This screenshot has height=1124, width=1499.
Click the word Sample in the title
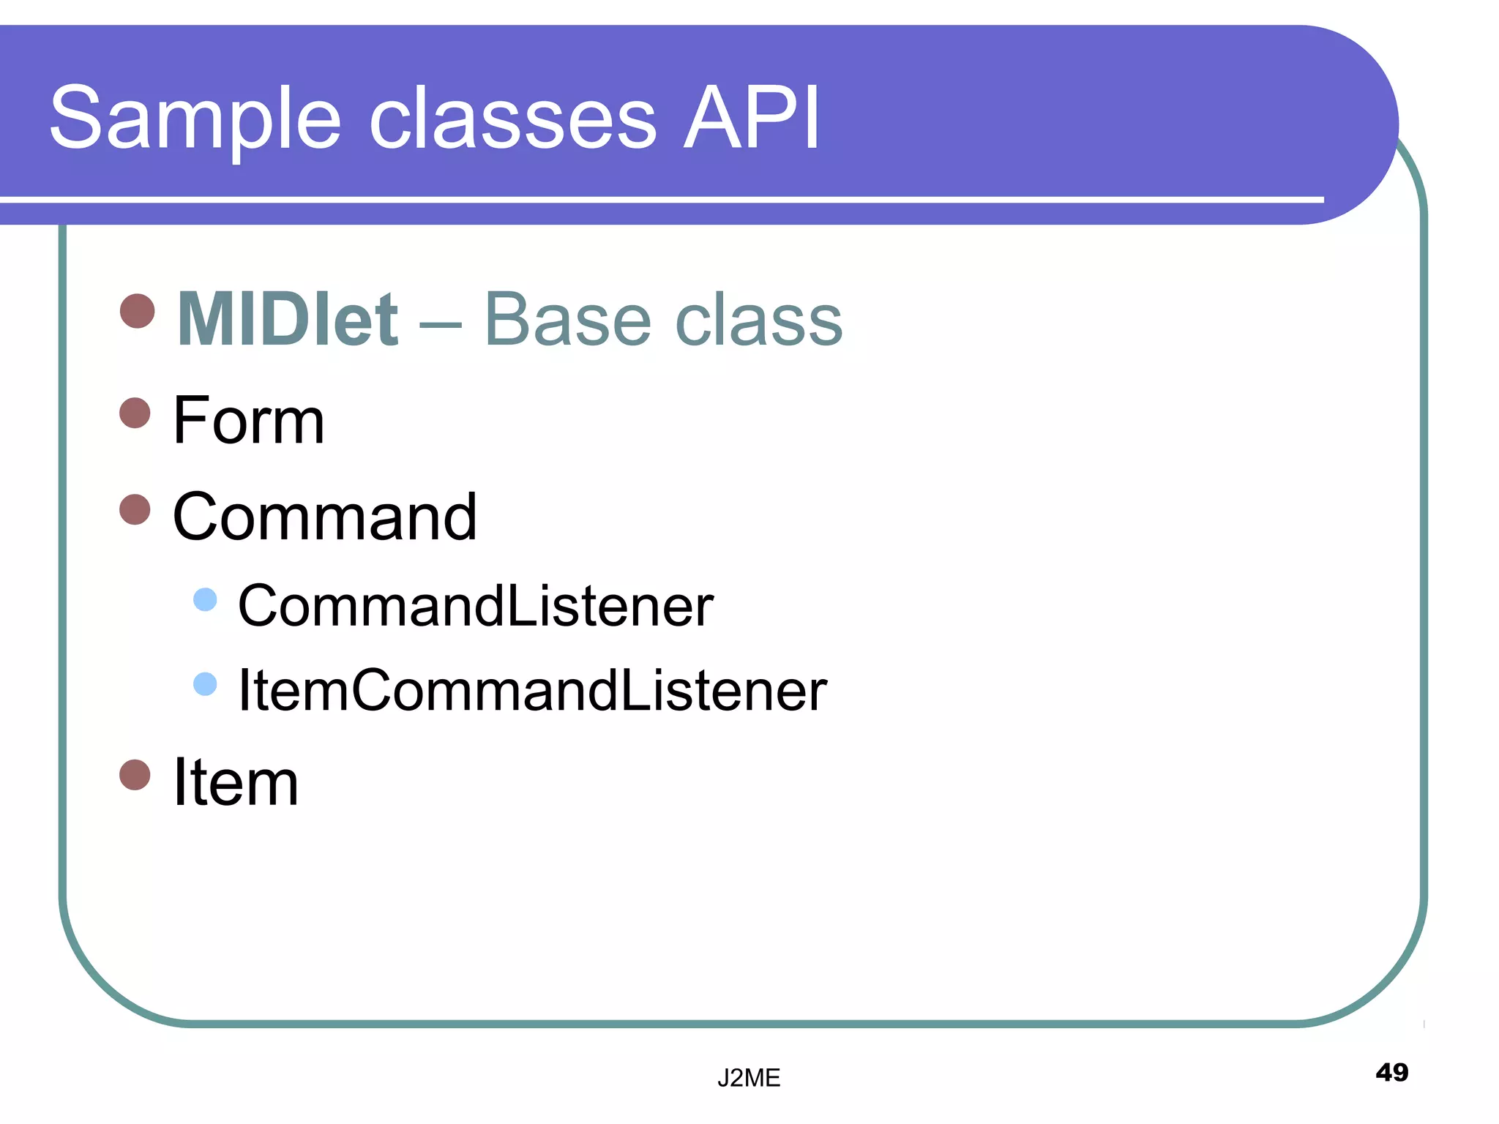pyautogui.click(x=195, y=119)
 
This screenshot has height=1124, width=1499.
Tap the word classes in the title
pyautogui.click(x=512, y=119)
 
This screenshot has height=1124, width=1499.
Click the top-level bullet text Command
pyautogui.click(x=324, y=517)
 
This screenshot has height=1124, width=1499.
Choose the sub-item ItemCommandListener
pyautogui.click(x=532, y=690)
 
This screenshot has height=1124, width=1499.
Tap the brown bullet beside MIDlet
pyautogui.click(x=137, y=311)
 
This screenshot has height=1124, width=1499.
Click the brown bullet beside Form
pyautogui.click(x=135, y=413)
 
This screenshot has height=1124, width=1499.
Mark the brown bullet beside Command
pyautogui.click(x=135, y=509)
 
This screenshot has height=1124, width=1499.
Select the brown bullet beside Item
pyautogui.click(x=135, y=774)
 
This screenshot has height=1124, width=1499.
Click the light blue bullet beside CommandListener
pyautogui.click(x=205, y=599)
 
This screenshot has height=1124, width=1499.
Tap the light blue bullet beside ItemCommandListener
pyautogui.click(x=205, y=683)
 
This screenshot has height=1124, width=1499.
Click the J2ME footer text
pyautogui.click(x=748, y=1078)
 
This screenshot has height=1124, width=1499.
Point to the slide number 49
pyautogui.click(x=1391, y=1072)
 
